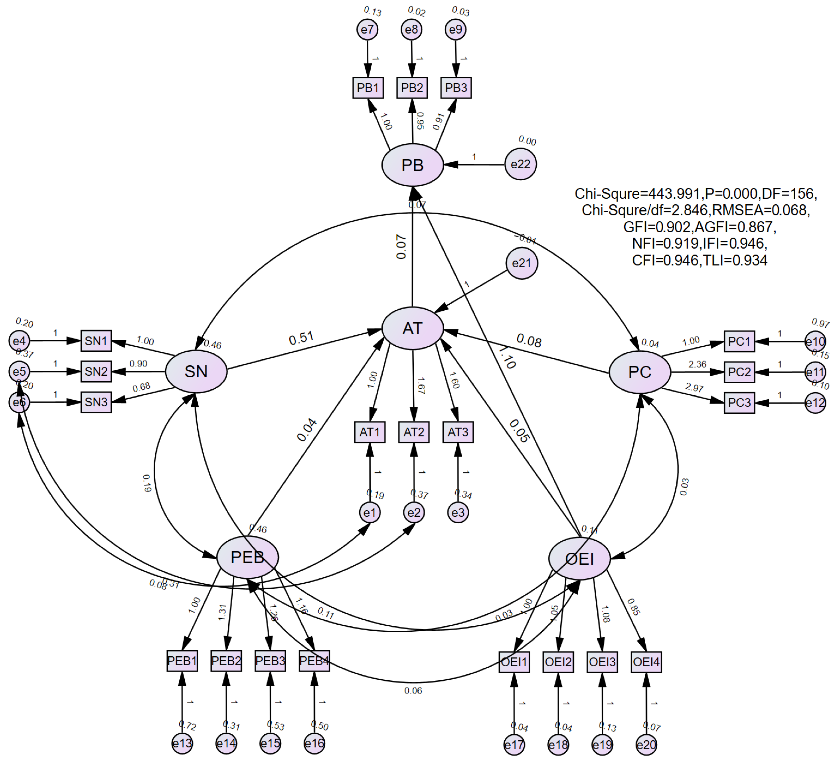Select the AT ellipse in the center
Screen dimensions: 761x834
click(x=412, y=328)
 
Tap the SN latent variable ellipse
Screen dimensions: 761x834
click(x=196, y=371)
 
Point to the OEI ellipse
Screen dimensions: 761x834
click(x=579, y=559)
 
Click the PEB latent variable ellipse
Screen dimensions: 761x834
click(x=247, y=557)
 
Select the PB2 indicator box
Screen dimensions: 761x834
click(x=412, y=88)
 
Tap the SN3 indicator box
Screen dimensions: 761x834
click(x=96, y=402)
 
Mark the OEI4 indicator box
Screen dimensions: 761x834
click(x=646, y=662)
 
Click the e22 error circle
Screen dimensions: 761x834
click(x=520, y=164)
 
